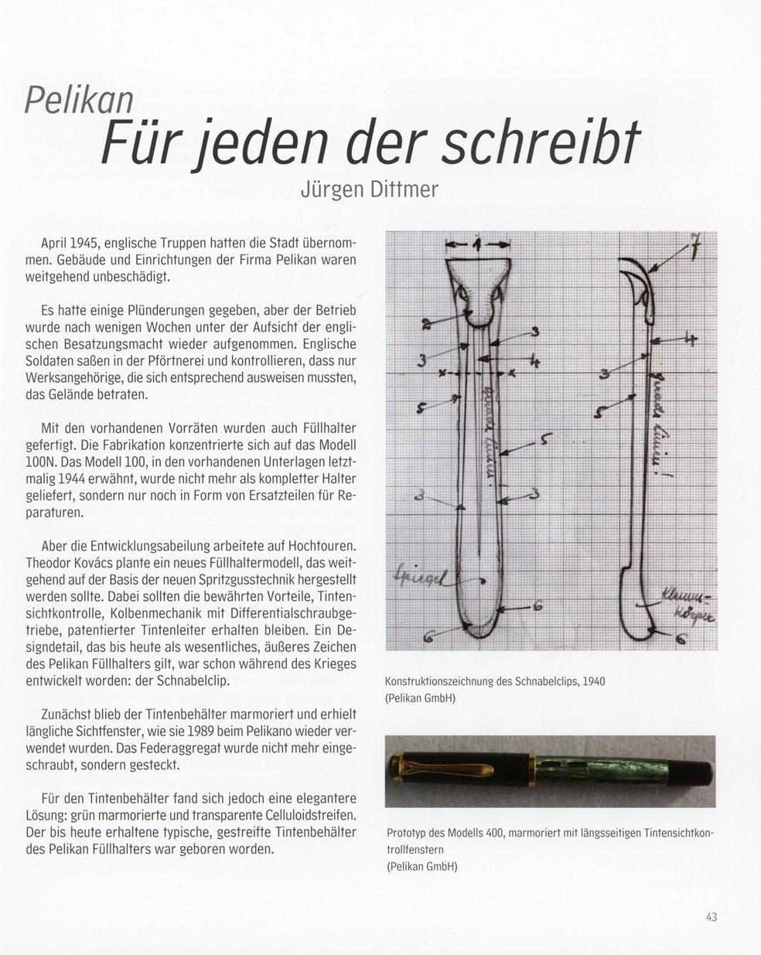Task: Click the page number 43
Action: coord(712,917)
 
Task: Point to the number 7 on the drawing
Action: coord(695,251)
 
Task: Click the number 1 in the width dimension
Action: coord(477,244)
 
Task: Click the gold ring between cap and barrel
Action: coord(531,772)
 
